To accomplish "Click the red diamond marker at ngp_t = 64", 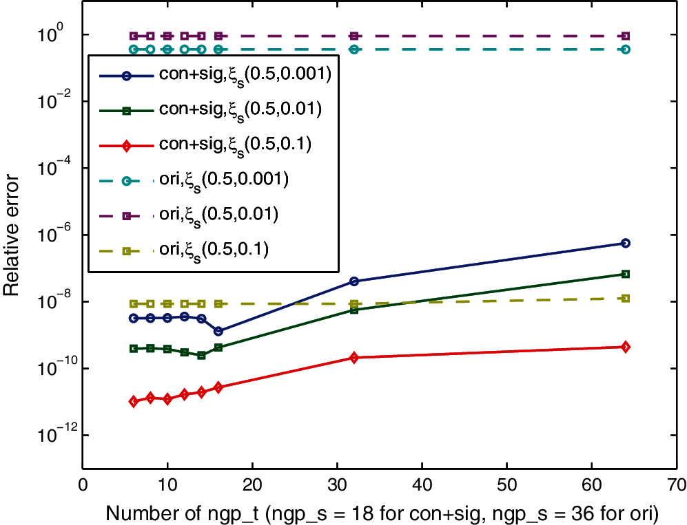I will pyautogui.click(x=625, y=347).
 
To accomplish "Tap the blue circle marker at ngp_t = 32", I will pyautogui.click(x=354, y=281).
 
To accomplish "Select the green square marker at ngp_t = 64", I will pyautogui.click(x=625, y=274).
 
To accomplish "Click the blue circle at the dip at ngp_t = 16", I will pyautogui.click(x=218, y=331).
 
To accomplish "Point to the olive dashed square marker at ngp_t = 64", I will pyautogui.click(x=625, y=298).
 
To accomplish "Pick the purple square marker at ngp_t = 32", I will pyautogui.click(x=354, y=36).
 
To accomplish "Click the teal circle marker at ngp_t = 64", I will pyautogui.click(x=625, y=50).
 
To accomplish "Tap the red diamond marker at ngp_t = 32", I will pyautogui.click(x=354, y=358).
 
